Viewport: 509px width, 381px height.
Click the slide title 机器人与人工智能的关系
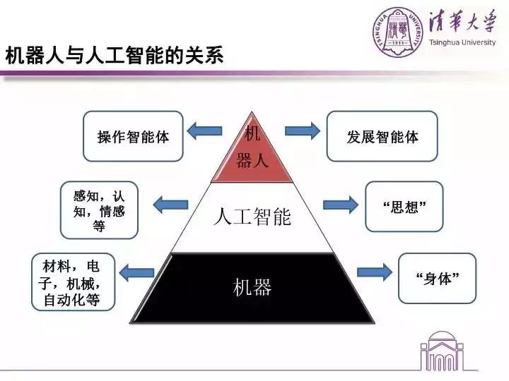114,56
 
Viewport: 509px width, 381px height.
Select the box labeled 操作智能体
133,136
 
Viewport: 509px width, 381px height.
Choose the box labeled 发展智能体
382,136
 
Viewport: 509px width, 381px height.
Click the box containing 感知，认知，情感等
99,210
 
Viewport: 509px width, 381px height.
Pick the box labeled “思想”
404,207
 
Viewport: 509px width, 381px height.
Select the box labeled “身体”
438,278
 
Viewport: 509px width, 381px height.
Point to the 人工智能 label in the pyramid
252,217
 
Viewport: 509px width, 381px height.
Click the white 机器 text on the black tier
252,287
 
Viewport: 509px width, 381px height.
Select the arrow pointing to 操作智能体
204,130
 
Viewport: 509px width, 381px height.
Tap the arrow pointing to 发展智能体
303,131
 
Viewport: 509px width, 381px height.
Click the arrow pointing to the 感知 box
170,205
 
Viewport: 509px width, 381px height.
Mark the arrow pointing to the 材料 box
137,271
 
